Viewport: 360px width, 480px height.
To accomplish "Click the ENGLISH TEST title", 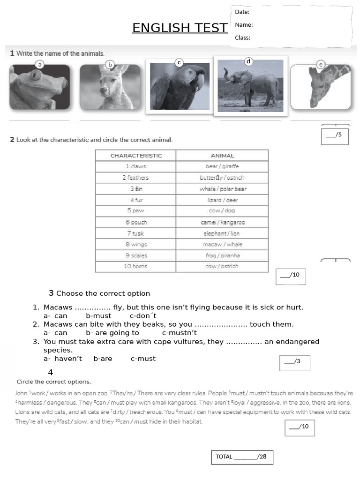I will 180,28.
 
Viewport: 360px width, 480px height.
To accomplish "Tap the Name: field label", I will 244,25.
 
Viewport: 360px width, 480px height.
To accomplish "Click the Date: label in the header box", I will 242,12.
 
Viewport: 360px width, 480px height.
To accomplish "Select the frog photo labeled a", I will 39,88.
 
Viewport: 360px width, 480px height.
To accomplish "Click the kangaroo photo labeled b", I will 110,88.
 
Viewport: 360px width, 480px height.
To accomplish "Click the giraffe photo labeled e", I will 320,88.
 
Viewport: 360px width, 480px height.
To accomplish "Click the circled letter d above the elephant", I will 249,61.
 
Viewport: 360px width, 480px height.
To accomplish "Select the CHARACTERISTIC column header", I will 136,156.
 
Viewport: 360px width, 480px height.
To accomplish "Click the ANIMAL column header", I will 222,156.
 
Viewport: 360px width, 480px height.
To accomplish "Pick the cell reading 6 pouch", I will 136,222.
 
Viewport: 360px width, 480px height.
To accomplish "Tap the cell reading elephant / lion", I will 222,233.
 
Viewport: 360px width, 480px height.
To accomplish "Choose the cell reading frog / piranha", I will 222,255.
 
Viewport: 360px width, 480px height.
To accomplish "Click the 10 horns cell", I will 136,266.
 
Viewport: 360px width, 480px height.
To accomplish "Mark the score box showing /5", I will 335,135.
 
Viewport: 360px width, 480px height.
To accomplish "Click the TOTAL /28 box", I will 241,457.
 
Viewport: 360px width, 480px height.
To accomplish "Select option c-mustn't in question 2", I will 179,333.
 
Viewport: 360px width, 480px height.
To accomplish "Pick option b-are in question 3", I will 103,359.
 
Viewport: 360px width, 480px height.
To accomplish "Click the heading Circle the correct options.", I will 54,382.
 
